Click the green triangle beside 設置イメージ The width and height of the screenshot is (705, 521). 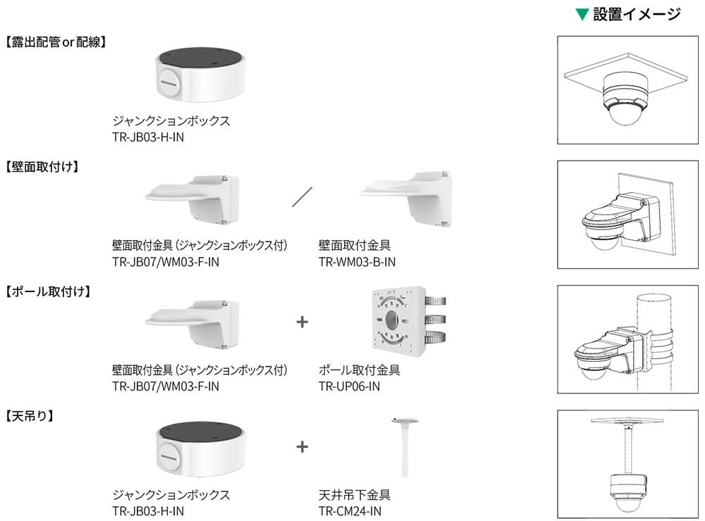coord(582,14)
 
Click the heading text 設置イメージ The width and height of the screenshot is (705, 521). coord(637,14)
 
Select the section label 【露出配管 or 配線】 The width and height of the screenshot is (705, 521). coord(56,42)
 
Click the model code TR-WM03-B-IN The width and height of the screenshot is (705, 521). coord(357,262)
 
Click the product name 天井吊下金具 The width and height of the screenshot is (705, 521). coord(355,494)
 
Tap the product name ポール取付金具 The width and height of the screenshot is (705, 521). coord(360,370)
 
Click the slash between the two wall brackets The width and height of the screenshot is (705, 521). coord(302,196)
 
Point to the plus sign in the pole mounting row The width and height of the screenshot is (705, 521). coord(302,322)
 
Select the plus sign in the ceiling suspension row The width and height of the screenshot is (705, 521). coord(302,446)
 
